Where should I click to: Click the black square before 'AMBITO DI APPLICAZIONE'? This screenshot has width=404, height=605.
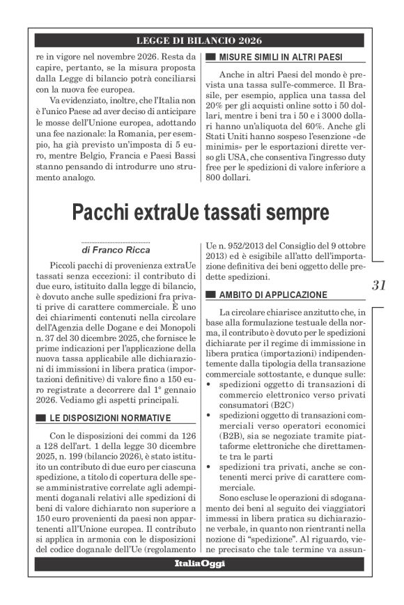[210, 294]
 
